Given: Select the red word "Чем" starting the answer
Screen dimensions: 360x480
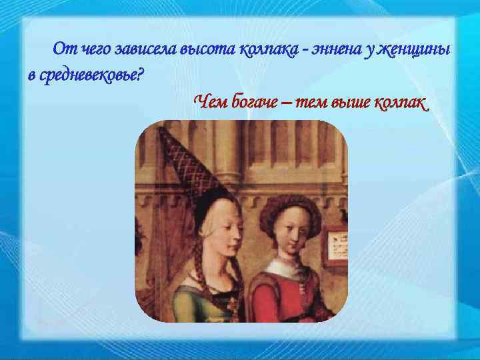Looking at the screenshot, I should click(210, 102).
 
